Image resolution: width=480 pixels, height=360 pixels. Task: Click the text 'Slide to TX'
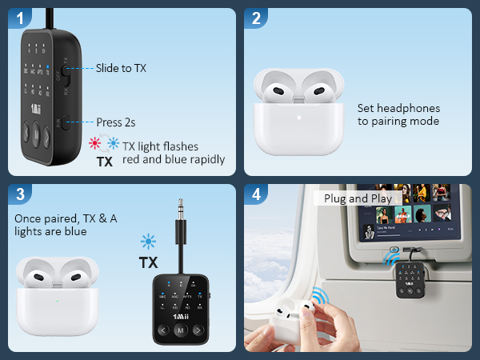121,68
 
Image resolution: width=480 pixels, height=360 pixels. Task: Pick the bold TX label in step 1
104,161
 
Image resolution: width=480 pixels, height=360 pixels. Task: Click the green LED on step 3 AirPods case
56,302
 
